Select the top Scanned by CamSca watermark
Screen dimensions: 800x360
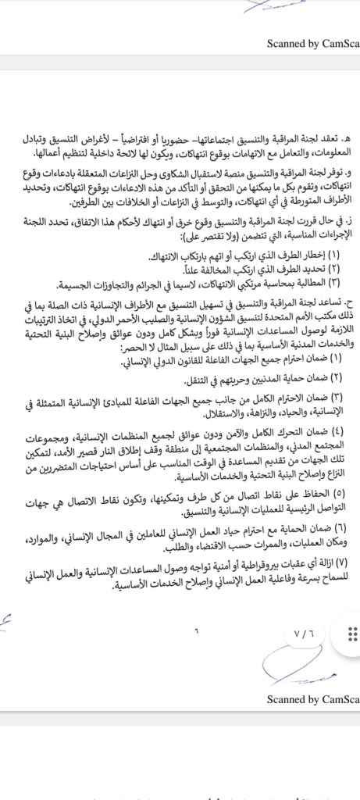pyautogui.click(x=312, y=45)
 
